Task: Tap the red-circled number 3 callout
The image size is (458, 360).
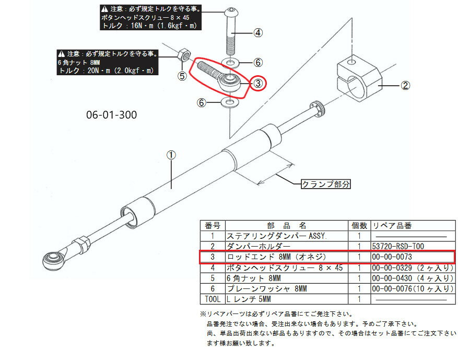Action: pos(258,83)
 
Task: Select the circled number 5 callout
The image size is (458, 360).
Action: pos(182,76)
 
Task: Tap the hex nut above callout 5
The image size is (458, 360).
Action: pos(184,54)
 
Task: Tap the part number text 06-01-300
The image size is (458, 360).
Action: pos(111,115)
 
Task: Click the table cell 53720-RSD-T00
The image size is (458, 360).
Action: pos(396,246)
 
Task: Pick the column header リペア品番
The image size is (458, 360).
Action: pos(392,226)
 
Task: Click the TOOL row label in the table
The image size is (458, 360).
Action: pos(212,299)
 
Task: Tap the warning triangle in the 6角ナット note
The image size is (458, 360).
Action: pos(62,53)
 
